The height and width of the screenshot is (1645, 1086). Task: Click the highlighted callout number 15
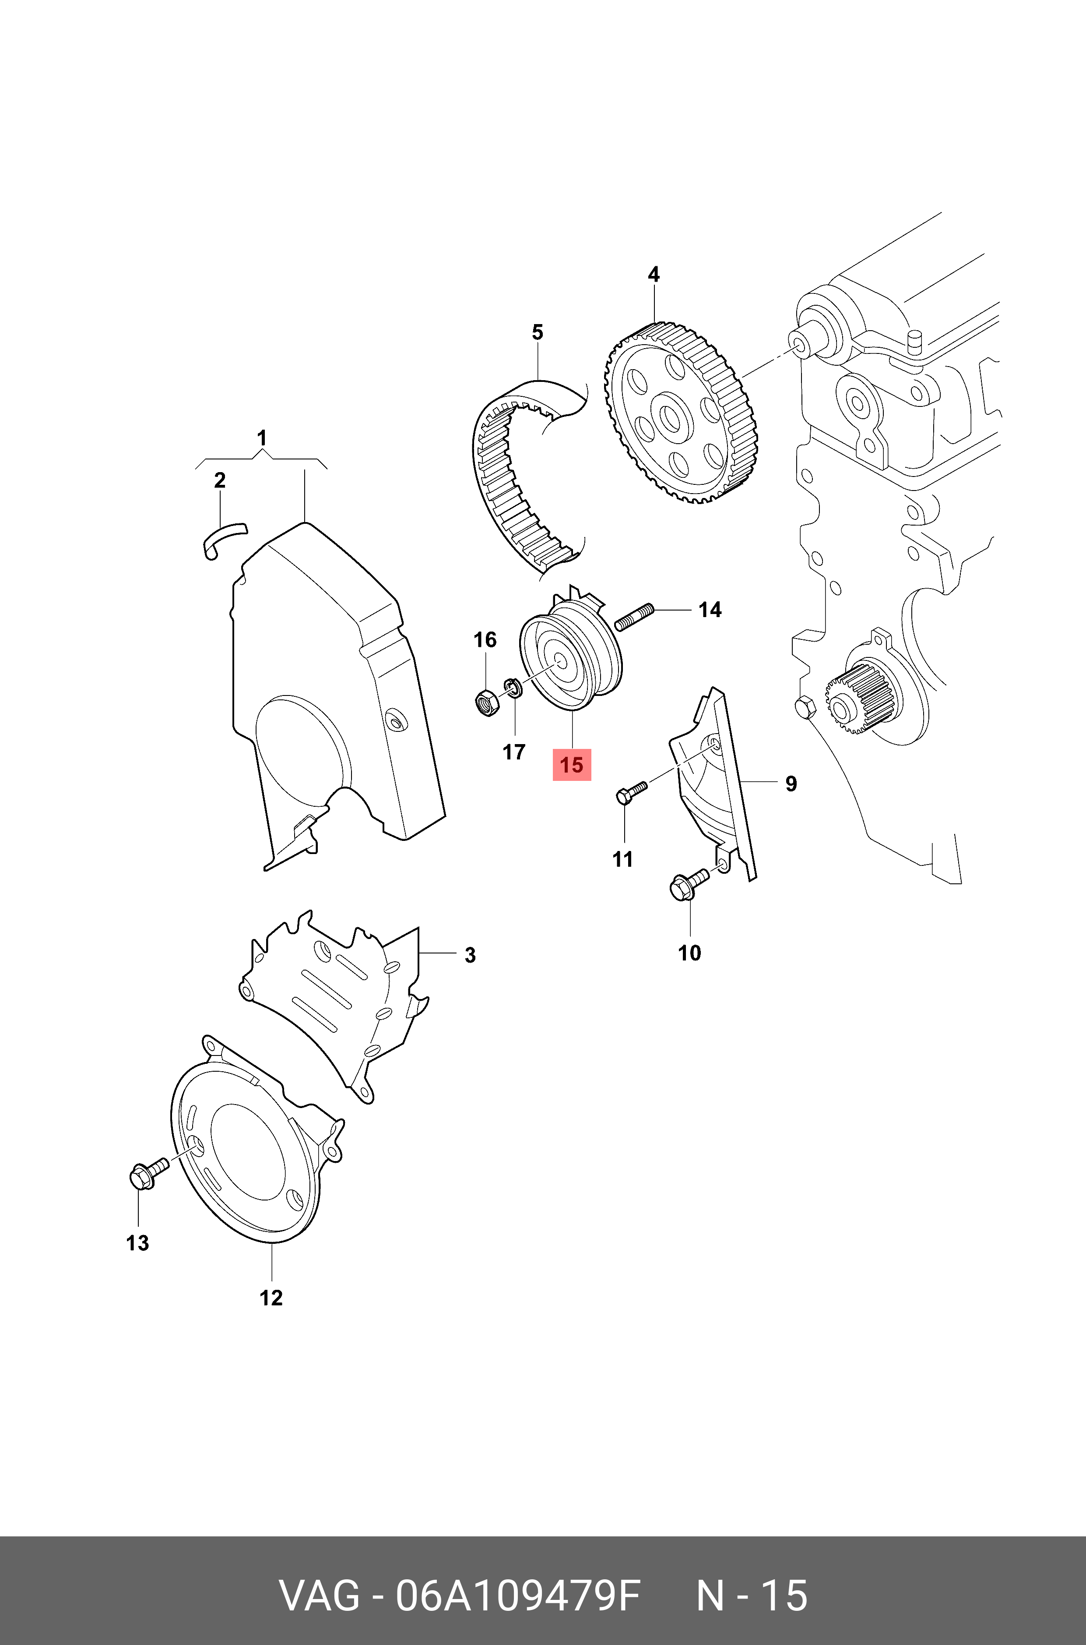click(x=571, y=765)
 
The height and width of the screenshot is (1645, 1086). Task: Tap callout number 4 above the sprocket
click(x=653, y=275)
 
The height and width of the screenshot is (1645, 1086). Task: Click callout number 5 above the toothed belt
click(x=538, y=332)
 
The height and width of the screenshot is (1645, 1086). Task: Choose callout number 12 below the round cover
click(x=271, y=1297)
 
